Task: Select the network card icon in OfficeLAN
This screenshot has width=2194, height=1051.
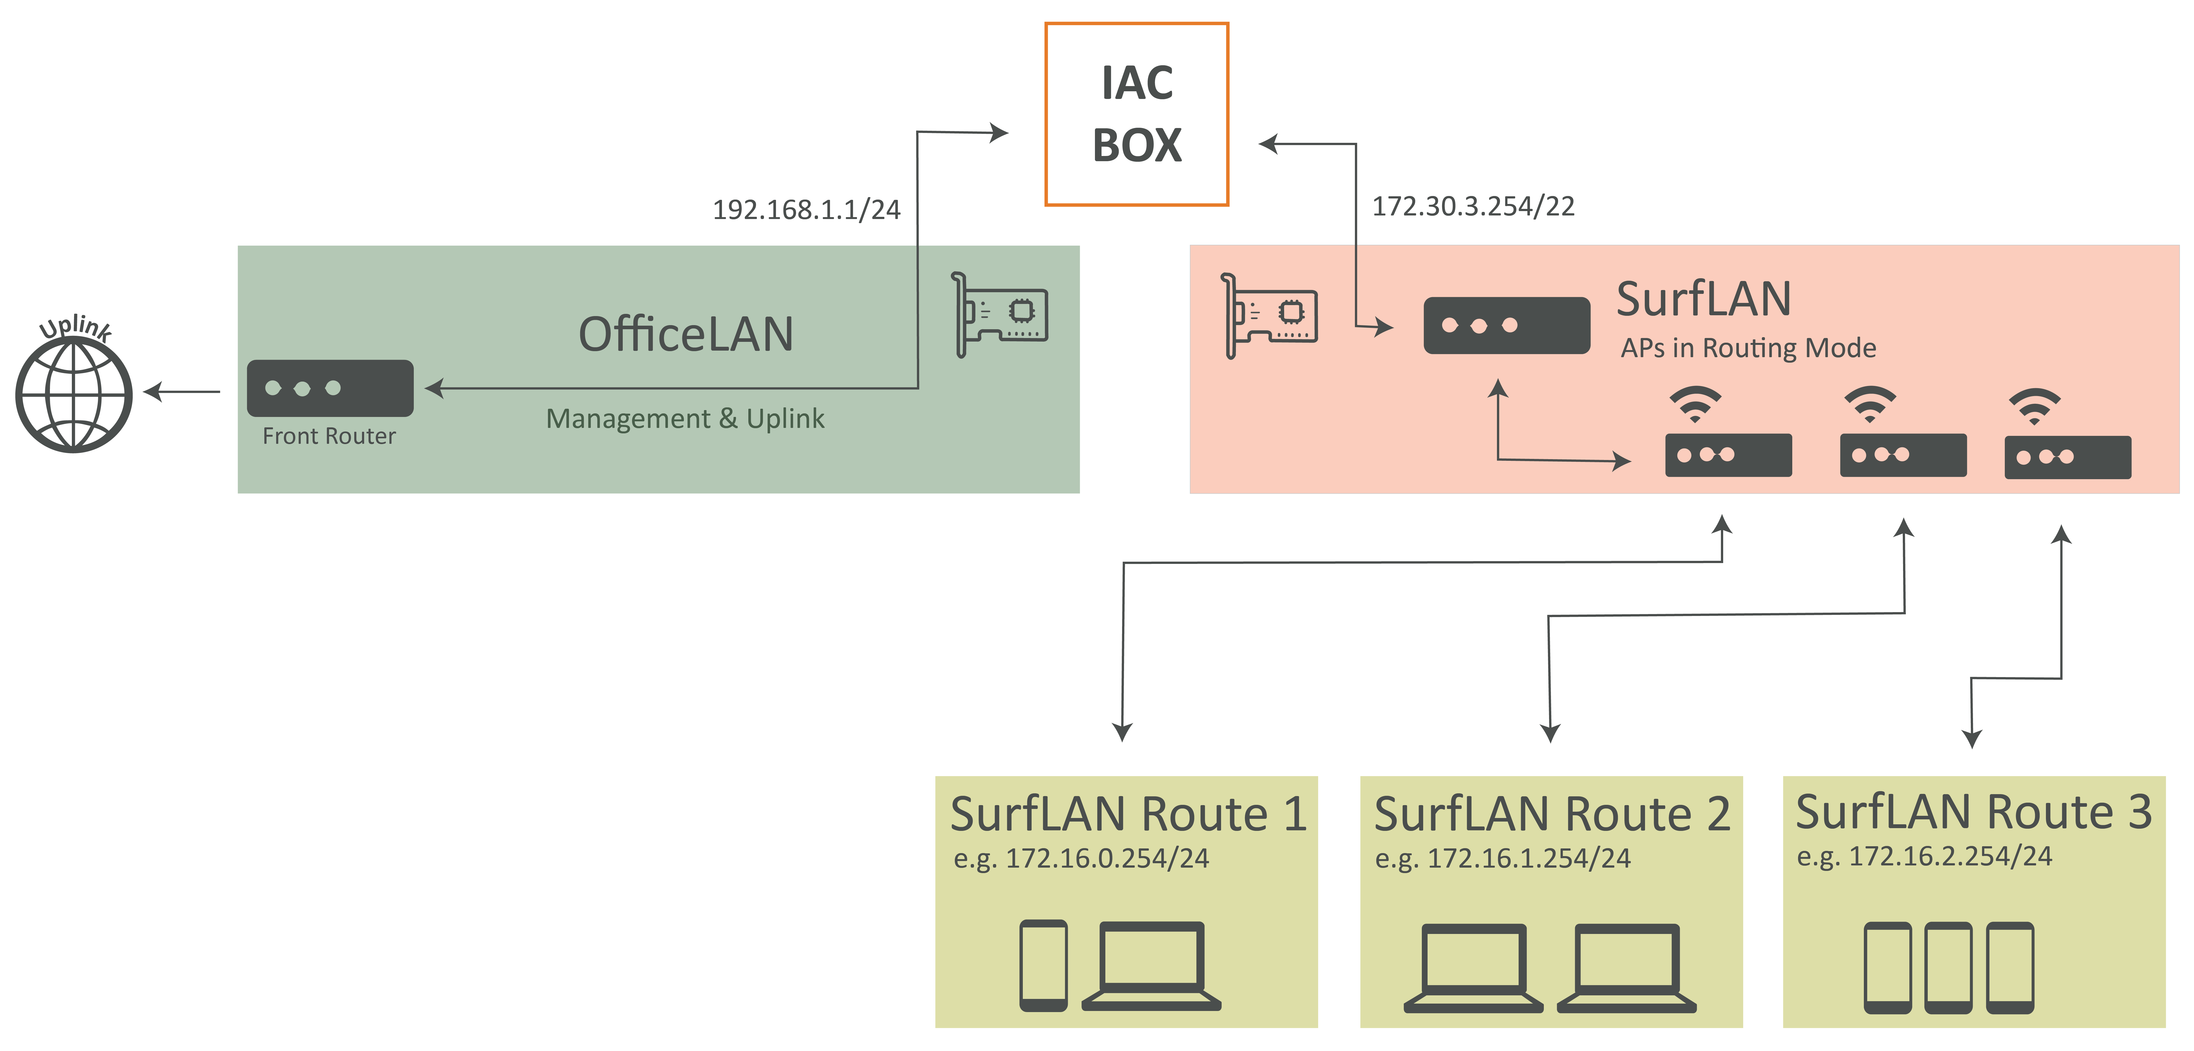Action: [x=999, y=314]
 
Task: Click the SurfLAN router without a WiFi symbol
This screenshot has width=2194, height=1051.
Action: [x=1507, y=325]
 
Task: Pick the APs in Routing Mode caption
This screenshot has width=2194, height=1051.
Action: [x=1748, y=348]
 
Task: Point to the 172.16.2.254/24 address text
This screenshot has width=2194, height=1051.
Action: [x=1950, y=856]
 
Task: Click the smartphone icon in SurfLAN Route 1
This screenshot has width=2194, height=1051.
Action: [x=1043, y=966]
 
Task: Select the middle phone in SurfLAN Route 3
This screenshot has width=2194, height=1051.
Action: [x=1948, y=968]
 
